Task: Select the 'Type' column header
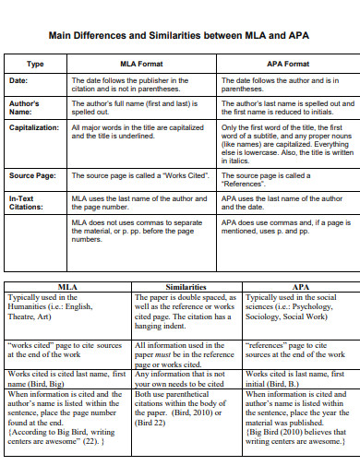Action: [35, 64]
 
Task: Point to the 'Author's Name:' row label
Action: [26, 108]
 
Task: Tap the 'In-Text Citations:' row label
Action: [28, 202]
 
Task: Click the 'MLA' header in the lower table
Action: [67, 287]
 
